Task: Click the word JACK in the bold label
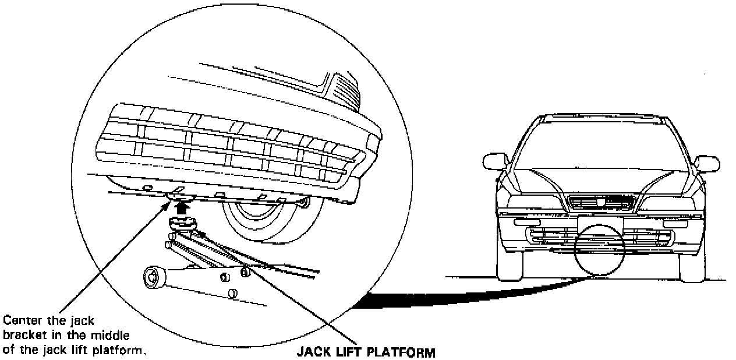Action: [x=311, y=352]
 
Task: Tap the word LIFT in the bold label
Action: [x=351, y=352]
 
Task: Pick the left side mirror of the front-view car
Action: [x=495, y=161]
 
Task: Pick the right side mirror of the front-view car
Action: [x=707, y=163]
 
